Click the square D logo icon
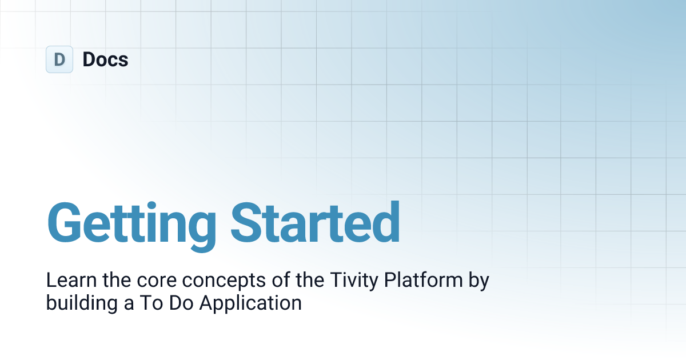pos(59,59)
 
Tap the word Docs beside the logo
pos(105,59)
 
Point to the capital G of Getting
pos(66,221)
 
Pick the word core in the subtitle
pos(149,281)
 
